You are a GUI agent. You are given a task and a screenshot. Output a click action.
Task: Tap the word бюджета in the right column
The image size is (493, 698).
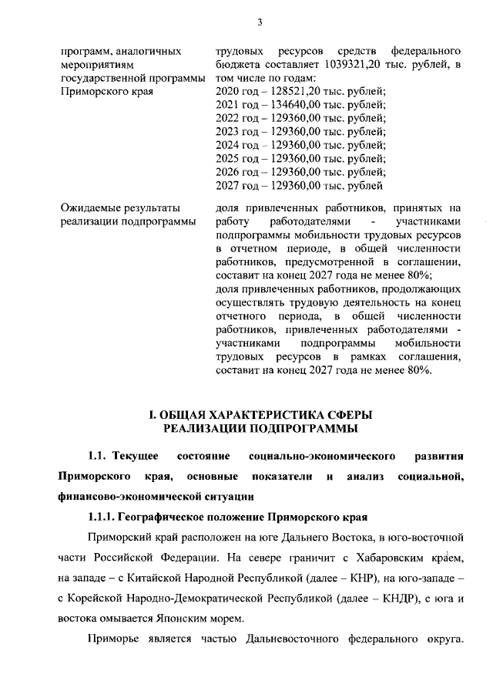tap(236, 64)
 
